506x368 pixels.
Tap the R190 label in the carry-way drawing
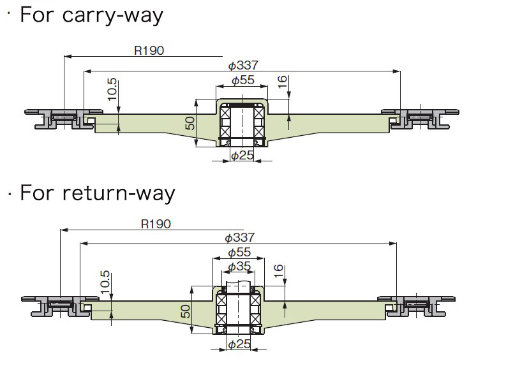pyautogui.click(x=149, y=51)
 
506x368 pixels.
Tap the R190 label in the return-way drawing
pyautogui.click(x=156, y=224)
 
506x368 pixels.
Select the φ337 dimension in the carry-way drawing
pyautogui.click(x=242, y=66)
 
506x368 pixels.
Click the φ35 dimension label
pyautogui.click(x=239, y=267)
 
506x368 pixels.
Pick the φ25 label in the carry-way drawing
pyautogui.click(x=242, y=156)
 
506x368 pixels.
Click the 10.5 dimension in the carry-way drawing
pyautogui.click(x=112, y=90)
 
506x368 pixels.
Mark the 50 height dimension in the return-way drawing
pyautogui.click(x=185, y=312)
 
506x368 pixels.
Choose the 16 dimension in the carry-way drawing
pyautogui.click(x=283, y=82)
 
